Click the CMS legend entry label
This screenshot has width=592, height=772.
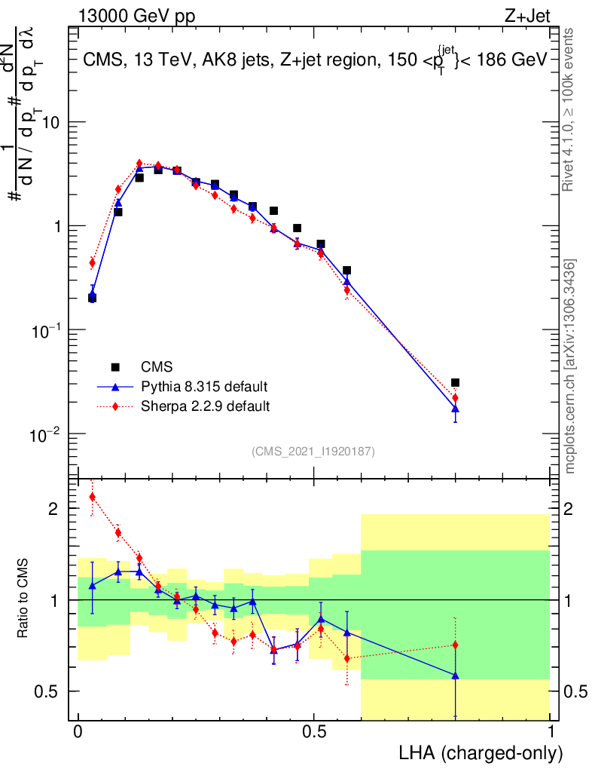click(157, 367)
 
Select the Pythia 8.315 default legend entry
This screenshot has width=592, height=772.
click(204, 387)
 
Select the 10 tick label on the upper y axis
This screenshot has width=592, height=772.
click(50, 122)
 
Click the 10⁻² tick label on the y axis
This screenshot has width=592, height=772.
click(47, 435)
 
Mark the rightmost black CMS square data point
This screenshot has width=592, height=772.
click(455, 383)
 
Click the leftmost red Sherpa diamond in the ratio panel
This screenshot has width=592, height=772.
click(92, 497)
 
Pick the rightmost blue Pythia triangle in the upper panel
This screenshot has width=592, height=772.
click(455, 409)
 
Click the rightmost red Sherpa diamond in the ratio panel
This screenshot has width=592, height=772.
click(455, 645)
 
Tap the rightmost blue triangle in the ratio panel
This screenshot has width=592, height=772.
click(455, 675)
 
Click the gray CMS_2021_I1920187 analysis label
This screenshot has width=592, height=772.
click(313, 451)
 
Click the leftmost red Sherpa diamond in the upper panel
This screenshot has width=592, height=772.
click(92, 262)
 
